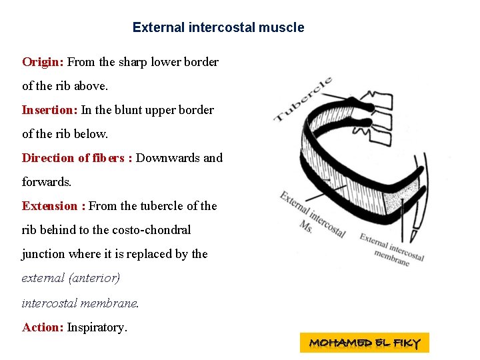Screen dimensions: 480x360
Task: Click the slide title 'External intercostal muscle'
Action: point(218,27)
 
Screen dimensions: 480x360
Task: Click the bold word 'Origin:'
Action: point(43,62)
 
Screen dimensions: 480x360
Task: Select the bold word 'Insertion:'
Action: point(50,110)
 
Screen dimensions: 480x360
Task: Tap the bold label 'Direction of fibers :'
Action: point(77,158)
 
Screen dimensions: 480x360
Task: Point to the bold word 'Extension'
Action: point(50,206)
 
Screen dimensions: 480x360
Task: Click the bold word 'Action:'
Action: point(43,327)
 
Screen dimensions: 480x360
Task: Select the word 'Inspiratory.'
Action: point(97,327)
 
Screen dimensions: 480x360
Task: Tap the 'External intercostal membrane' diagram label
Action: point(392,249)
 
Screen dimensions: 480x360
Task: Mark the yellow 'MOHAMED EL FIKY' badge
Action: point(365,343)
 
